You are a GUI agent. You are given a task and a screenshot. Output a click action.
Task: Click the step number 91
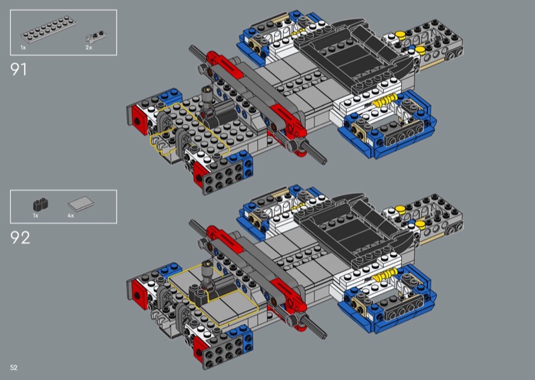[x=19, y=70]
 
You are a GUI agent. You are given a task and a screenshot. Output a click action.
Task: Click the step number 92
[x=20, y=237]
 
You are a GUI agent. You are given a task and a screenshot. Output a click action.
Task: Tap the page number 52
[x=13, y=367]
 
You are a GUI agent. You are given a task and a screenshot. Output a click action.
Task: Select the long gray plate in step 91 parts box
[x=48, y=29]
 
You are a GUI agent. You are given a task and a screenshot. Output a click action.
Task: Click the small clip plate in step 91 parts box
[x=96, y=36]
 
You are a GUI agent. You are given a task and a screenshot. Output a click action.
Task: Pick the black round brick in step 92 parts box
[x=41, y=204]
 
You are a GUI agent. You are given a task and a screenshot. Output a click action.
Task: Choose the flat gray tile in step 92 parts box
[x=81, y=204]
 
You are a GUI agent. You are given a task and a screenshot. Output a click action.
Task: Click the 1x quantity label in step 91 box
[x=23, y=47]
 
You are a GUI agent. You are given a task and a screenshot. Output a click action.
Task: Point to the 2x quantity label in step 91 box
[x=88, y=47]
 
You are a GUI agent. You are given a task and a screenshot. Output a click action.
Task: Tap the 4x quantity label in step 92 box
[x=71, y=215]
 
